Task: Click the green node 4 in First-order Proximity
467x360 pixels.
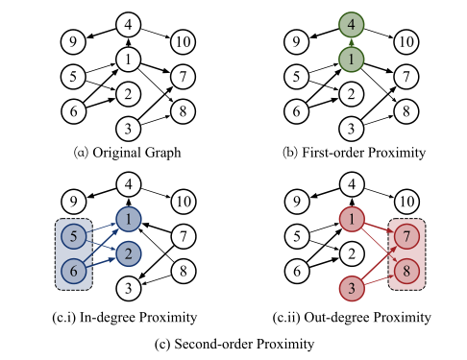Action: [355, 23]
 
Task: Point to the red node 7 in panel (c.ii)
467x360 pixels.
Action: [406, 234]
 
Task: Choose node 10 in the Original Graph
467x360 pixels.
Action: [183, 41]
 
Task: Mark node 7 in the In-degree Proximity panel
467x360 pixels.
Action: [179, 234]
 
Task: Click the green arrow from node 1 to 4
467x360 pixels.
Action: [355, 40]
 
